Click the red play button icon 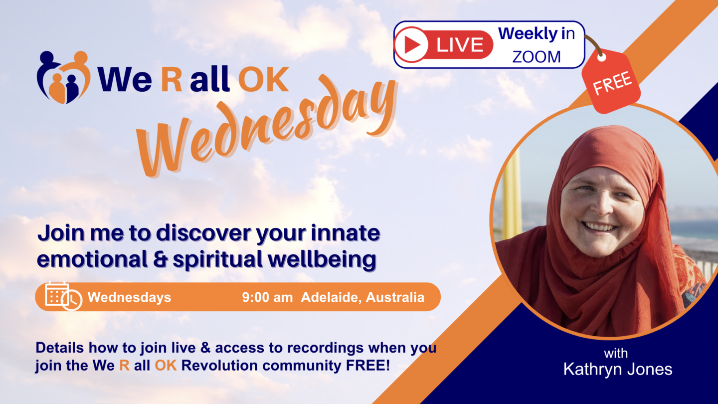tap(411, 44)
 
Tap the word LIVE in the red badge tap(460, 44)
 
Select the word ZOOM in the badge tap(537, 57)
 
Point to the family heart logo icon tap(63, 77)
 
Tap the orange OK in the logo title tap(263, 79)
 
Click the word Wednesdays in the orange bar tap(129, 297)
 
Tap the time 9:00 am tap(267, 297)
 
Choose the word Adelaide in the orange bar tap(332, 297)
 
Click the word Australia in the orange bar tap(395, 297)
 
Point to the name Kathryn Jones tap(618, 369)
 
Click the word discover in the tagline tap(203, 233)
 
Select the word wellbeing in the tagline tap(322, 259)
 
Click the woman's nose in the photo tap(603, 205)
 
